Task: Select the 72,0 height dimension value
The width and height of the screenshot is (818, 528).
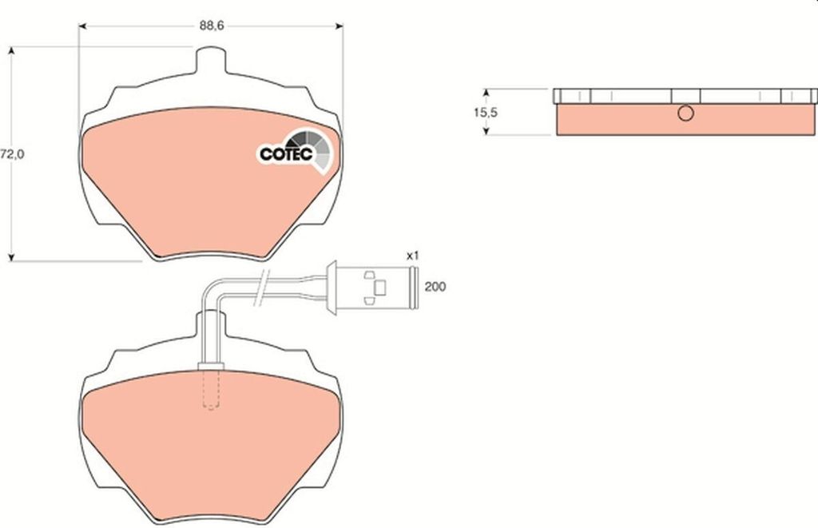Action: (x=12, y=154)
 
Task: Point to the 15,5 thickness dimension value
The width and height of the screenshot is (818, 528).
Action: (x=485, y=112)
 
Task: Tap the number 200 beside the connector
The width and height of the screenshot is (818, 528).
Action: (x=435, y=287)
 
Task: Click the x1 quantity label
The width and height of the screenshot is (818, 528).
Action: (x=413, y=256)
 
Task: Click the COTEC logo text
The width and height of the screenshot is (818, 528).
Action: (x=286, y=154)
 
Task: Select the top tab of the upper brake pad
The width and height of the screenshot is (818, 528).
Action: (x=211, y=60)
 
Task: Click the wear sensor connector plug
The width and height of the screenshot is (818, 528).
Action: (x=372, y=288)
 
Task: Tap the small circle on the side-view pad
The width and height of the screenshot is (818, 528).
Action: (x=685, y=113)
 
